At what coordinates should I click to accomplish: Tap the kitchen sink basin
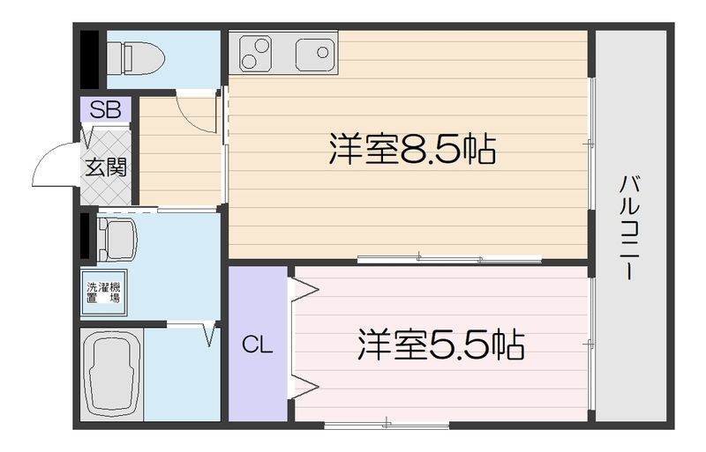pyautogui.click(x=313, y=55)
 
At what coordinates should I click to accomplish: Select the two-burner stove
pyautogui.click(x=254, y=54)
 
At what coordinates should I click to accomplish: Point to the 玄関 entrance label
pyautogui.click(x=106, y=167)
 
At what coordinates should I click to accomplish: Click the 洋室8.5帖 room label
pyautogui.click(x=411, y=151)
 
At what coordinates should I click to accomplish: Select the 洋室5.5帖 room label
pyautogui.click(x=440, y=345)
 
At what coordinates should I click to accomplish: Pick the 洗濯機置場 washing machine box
pyautogui.click(x=103, y=292)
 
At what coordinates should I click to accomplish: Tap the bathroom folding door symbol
pyautogui.click(x=210, y=334)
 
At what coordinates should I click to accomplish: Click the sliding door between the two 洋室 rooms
pyautogui.click(x=450, y=258)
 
